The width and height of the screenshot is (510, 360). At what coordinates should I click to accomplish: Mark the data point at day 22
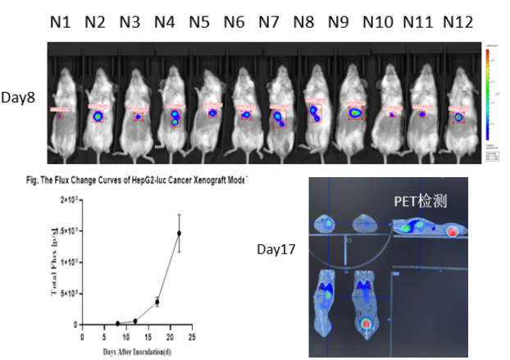click(179, 234)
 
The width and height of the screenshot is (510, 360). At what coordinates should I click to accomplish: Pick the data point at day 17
click(157, 302)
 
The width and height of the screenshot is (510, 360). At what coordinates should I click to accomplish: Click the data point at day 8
click(117, 323)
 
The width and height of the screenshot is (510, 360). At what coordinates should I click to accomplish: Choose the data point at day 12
click(134, 321)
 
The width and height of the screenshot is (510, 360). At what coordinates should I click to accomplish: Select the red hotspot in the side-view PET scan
click(452, 232)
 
